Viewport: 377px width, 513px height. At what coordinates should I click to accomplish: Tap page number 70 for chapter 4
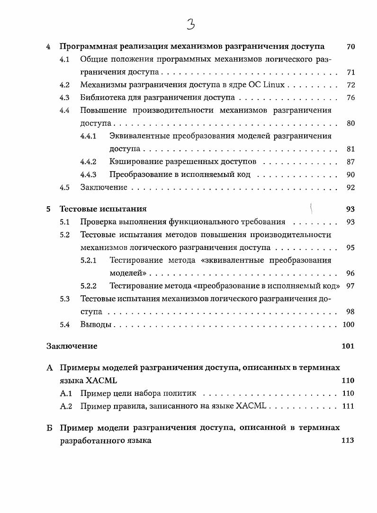[350, 47]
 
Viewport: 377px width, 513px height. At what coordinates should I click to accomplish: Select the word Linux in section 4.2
[275, 85]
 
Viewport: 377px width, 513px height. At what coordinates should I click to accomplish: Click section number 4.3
[64, 98]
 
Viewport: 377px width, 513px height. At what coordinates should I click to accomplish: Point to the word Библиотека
[102, 98]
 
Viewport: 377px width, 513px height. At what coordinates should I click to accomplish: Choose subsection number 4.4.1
[89, 137]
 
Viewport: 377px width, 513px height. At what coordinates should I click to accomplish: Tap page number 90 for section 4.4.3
[350, 175]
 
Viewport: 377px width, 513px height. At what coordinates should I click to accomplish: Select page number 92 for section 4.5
[350, 188]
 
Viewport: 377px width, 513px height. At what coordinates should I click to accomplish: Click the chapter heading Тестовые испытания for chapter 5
[103, 209]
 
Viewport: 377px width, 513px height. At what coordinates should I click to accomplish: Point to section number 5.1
[64, 222]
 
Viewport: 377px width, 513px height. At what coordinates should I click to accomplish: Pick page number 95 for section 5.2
[350, 247]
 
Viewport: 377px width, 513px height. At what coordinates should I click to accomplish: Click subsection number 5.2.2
[89, 286]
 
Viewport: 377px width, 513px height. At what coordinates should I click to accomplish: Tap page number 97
[350, 286]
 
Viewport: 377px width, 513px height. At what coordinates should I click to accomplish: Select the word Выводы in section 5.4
[96, 325]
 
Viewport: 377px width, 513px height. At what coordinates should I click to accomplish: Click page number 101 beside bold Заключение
[348, 346]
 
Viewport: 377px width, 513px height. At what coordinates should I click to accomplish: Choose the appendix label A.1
[66, 394]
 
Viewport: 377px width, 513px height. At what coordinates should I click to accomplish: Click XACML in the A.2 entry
[252, 406]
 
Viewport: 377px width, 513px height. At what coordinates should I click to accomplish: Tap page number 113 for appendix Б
[348, 440]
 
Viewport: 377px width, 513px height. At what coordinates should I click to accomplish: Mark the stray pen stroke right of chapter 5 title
[311, 207]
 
